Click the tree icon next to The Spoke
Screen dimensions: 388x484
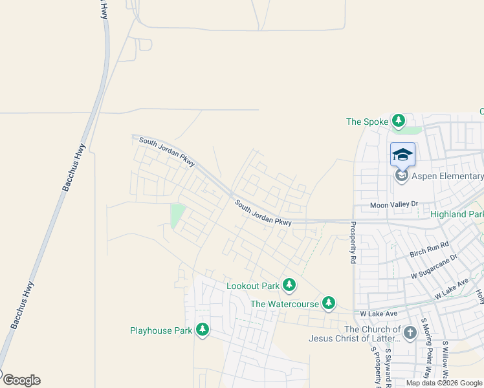pyautogui.click(x=399, y=121)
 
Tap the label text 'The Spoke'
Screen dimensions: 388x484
pyautogui.click(x=367, y=122)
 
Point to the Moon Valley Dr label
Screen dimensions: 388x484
pyautogui.click(x=395, y=205)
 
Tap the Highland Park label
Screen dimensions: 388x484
pyautogui.click(x=457, y=214)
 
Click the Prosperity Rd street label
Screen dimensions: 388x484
pyautogui.click(x=353, y=243)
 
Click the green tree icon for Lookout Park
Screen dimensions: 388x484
pyautogui.click(x=289, y=285)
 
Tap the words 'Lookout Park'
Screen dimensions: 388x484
pyautogui.click(x=253, y=286)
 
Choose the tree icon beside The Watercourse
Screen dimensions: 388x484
pyautogui.click(x=329, y=303)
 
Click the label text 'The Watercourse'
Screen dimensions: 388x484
pyautogui.click(x=285, y=304)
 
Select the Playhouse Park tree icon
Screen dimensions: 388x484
pyautogui.click(x=203, y=330)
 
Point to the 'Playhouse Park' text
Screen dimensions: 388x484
pyautogui.click(x=161, y=331)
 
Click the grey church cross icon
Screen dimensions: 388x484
pyautogui.click(x=409, y=333)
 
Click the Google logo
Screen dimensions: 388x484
pyautogui.click(x=21, y=380)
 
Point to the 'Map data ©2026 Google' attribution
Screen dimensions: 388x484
pyautogui.click(x=444, y=383)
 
